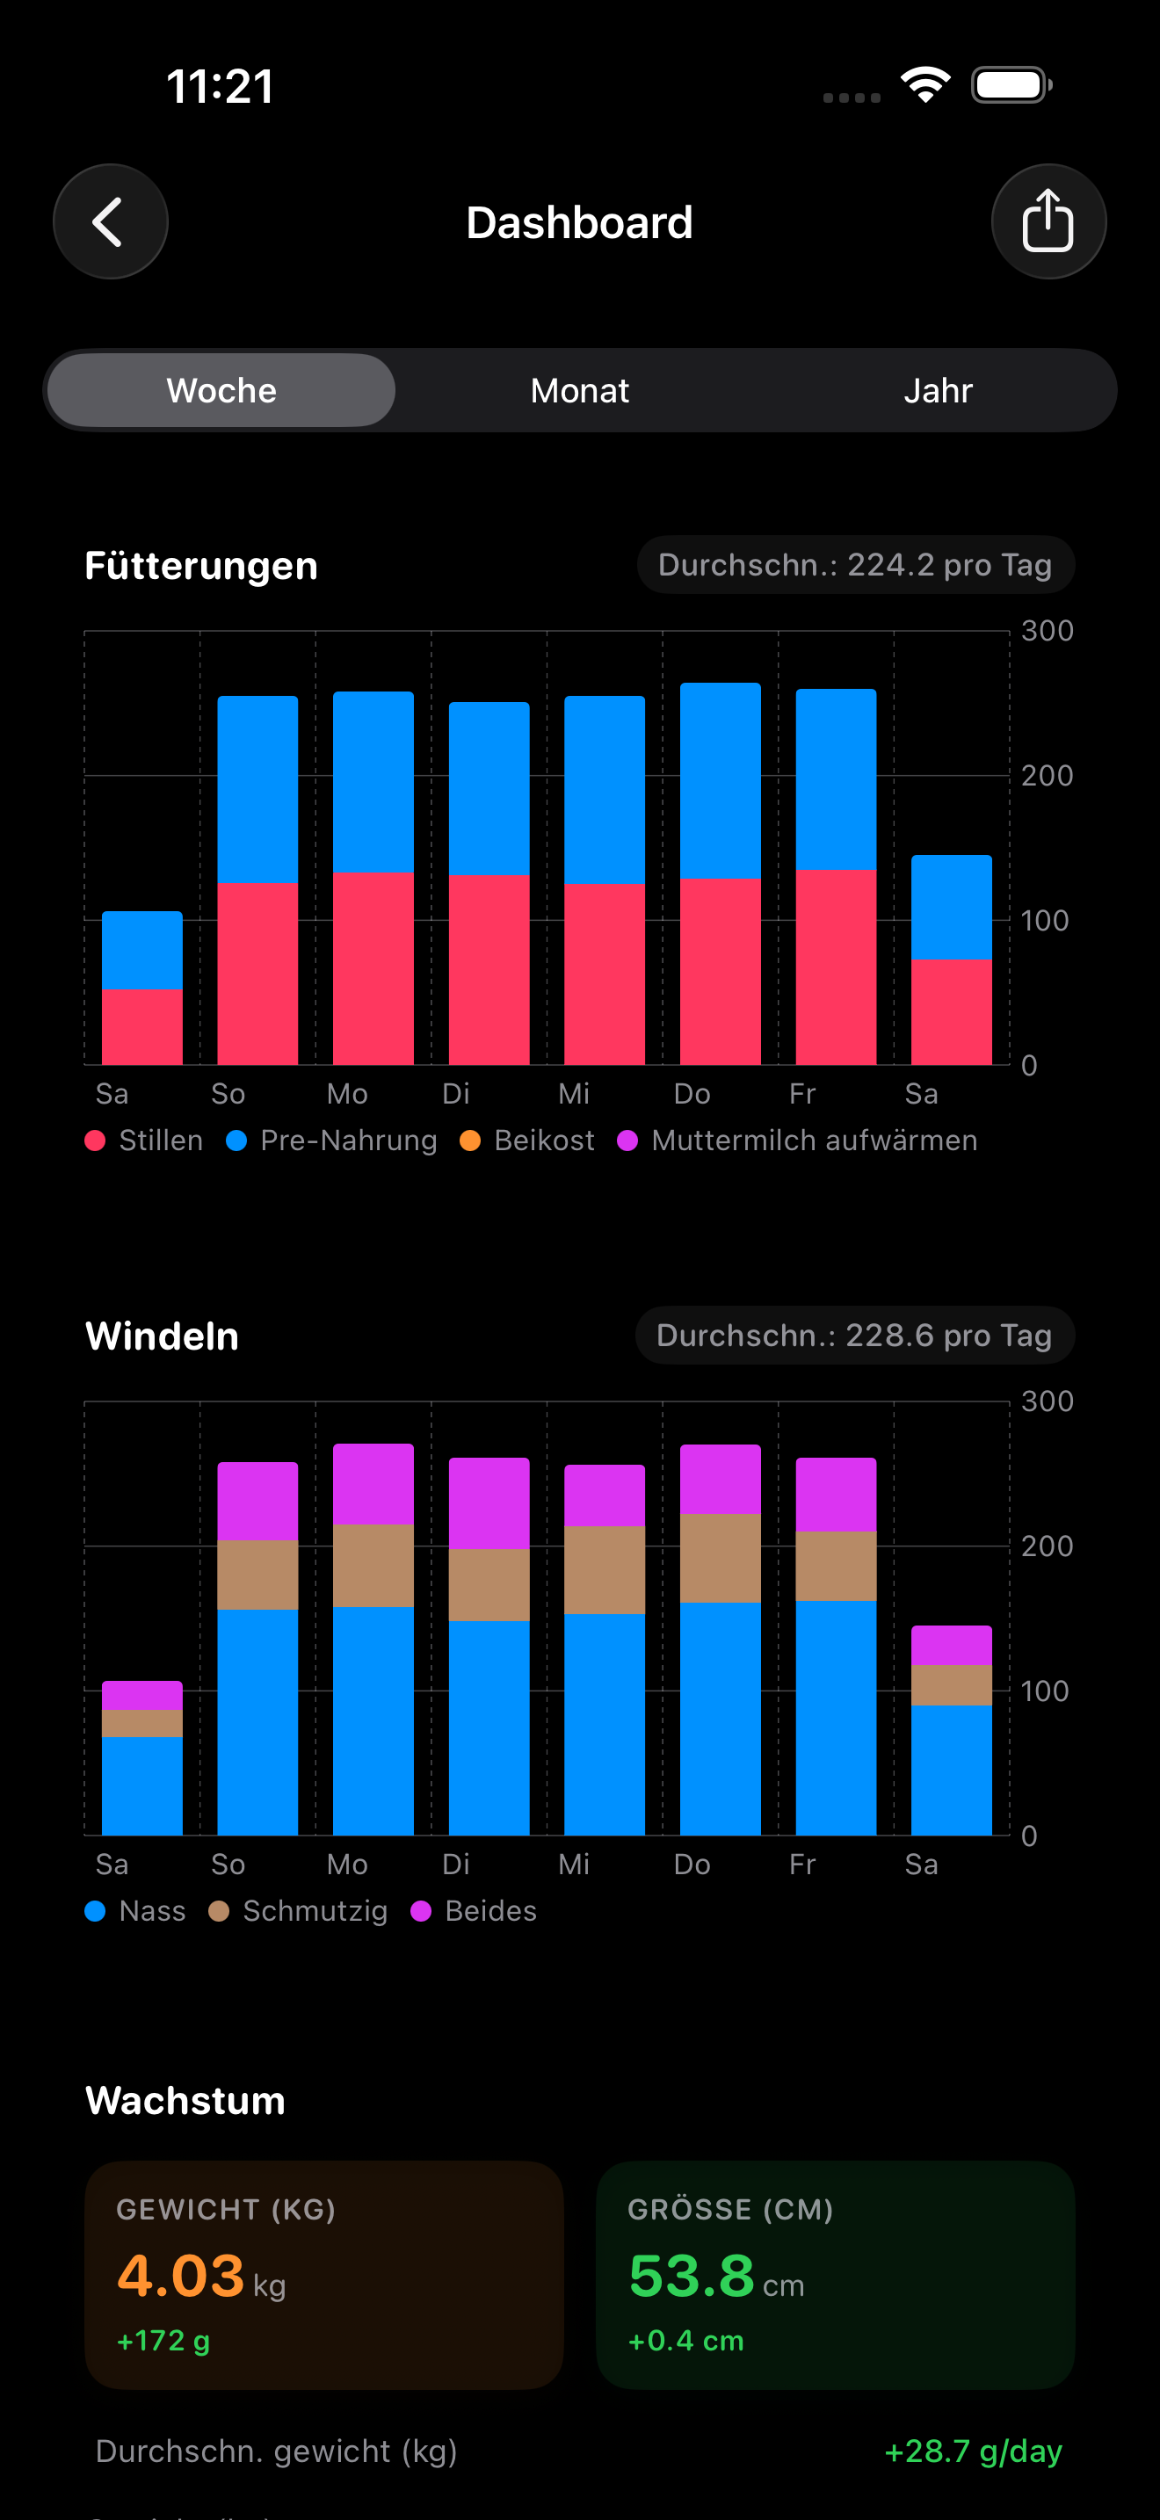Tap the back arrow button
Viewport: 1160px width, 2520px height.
110,222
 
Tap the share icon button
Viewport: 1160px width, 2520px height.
1048,222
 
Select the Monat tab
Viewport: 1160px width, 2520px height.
579,390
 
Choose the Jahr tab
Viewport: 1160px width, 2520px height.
937,390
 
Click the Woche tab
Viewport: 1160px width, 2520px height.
221,390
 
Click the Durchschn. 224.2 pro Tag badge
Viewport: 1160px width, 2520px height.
855,564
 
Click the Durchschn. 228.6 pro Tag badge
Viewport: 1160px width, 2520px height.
854,1336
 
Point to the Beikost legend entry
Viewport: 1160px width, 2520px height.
528,1141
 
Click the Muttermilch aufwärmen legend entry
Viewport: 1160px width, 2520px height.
798,1141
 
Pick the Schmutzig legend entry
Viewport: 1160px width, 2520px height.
300,1910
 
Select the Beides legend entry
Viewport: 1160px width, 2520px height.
475,1910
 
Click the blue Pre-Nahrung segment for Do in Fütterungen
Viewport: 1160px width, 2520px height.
720,780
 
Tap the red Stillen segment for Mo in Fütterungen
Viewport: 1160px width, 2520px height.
373,968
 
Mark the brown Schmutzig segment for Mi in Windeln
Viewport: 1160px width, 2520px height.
605,1569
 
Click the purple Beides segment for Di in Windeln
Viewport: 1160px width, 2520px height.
489,1503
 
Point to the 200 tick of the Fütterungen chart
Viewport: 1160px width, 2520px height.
1047,776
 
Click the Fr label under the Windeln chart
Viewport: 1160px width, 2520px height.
802,1864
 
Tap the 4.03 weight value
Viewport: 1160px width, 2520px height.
181,2276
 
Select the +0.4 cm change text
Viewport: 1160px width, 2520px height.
685,2341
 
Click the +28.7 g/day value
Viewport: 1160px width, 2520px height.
972,2451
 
